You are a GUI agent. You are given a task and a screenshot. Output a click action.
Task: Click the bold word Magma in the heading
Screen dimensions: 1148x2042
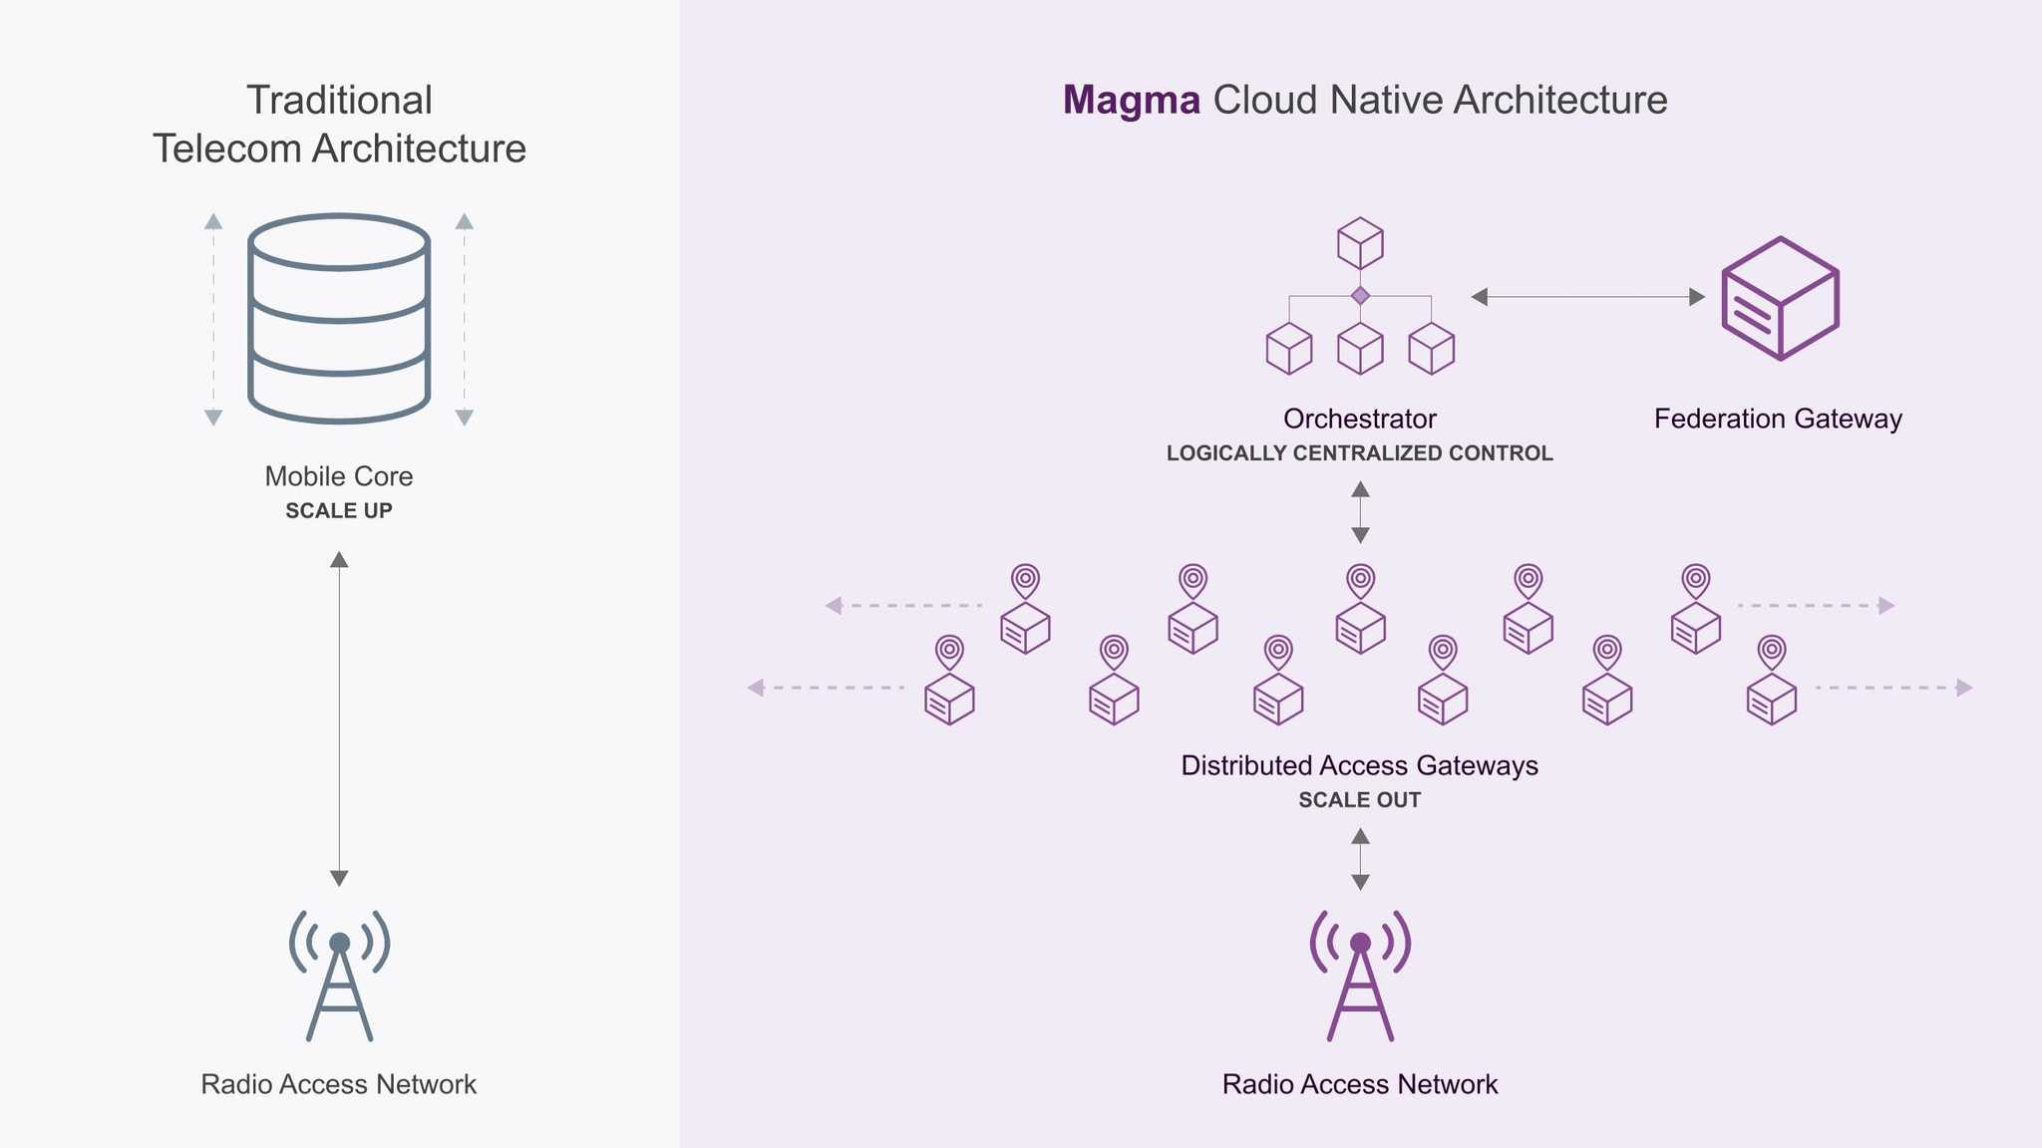1131,101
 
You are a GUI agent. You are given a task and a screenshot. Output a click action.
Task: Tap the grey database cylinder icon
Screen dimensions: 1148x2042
339,319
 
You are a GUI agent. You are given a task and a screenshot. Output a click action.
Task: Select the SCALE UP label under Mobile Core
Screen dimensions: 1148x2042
339,511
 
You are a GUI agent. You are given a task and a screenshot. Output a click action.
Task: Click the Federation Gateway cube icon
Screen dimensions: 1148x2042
1780,298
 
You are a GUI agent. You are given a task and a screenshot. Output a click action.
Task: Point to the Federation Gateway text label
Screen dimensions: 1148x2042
1778,419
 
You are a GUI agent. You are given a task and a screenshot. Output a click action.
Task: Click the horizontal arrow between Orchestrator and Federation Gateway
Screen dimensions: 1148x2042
1587,297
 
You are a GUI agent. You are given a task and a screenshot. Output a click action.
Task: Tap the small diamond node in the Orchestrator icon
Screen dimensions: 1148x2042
1360,296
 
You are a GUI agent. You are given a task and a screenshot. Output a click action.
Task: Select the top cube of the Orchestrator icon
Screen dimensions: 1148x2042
1360,243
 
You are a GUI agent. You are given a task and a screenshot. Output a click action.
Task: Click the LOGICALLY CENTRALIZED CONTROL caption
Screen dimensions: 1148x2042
1359,453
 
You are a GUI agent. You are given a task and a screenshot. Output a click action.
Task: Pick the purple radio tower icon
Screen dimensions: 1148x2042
1360,977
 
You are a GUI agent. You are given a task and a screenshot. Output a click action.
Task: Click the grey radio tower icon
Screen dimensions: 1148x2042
339,977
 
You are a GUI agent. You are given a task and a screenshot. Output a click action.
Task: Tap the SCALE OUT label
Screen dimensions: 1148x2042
1359,800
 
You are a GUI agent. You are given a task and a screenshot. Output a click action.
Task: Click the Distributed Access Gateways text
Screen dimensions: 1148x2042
1359,765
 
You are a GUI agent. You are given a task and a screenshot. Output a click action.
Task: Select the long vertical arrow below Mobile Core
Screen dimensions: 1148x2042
339,717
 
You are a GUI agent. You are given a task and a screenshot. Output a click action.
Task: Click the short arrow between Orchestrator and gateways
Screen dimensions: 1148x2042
1360,512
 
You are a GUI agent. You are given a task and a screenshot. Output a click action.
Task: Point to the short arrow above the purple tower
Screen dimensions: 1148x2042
1360,859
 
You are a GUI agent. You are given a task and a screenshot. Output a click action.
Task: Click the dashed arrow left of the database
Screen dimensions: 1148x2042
213,319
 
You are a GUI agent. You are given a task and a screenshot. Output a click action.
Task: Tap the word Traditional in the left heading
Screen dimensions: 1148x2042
339,101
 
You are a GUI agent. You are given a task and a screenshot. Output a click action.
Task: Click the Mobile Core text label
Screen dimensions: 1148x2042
339,476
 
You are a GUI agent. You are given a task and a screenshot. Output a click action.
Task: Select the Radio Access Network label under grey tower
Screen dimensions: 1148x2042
339,1084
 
